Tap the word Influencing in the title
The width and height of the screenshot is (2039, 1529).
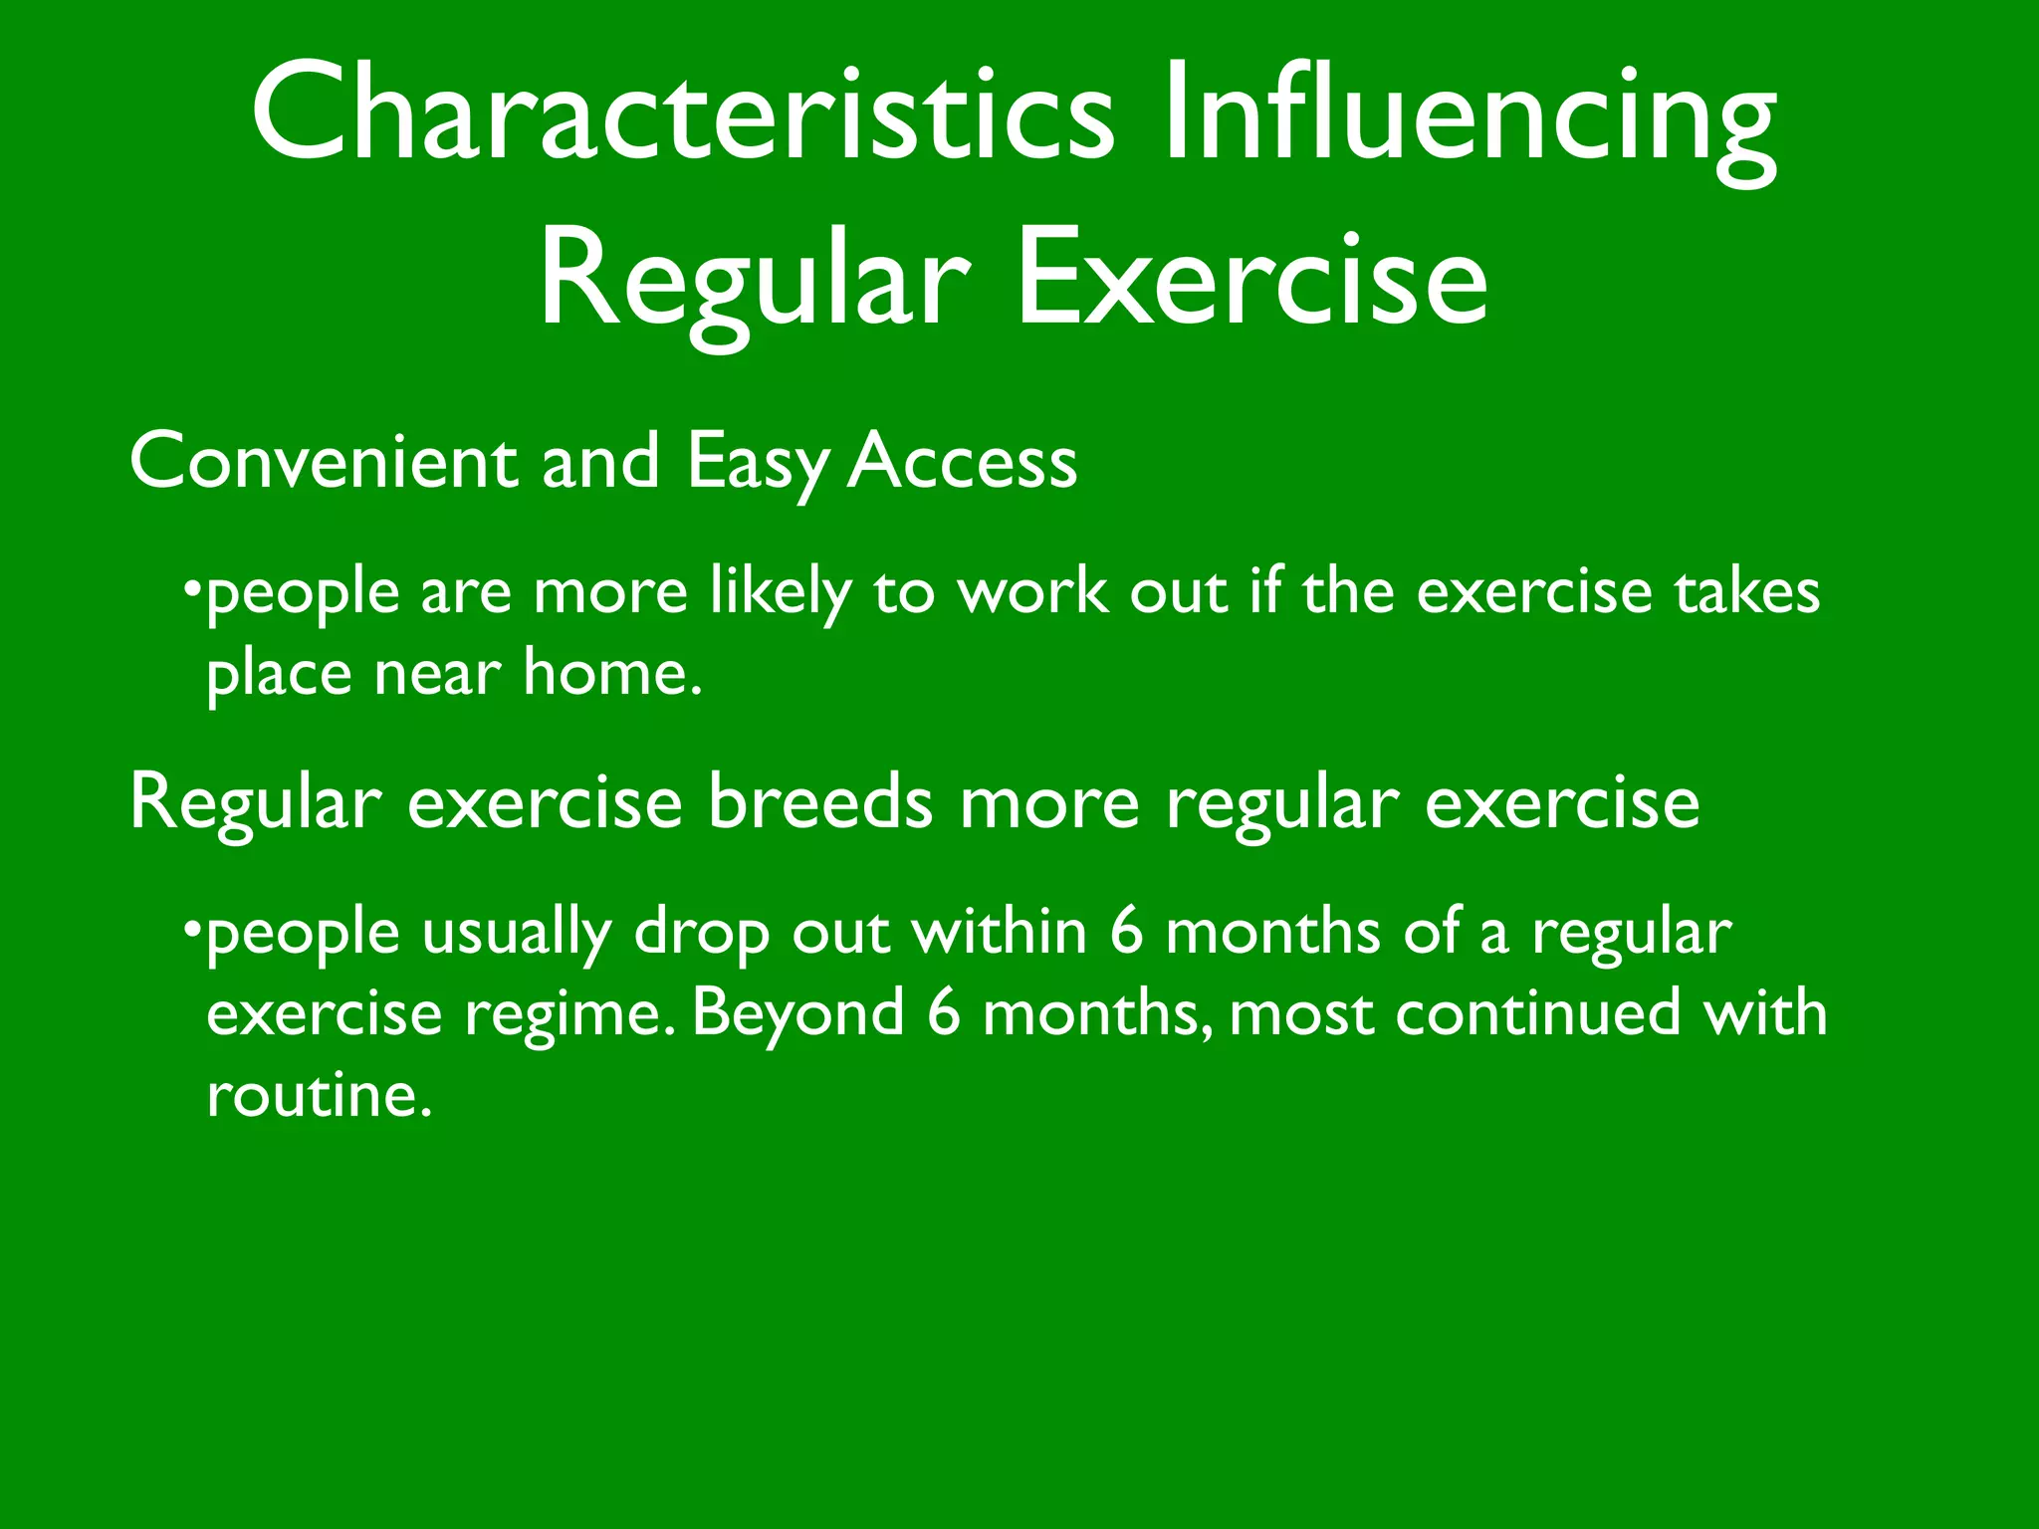click(1470, 117)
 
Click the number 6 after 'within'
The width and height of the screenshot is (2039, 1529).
click(1126, 933)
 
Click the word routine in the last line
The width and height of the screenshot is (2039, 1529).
click(319, 1095)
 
